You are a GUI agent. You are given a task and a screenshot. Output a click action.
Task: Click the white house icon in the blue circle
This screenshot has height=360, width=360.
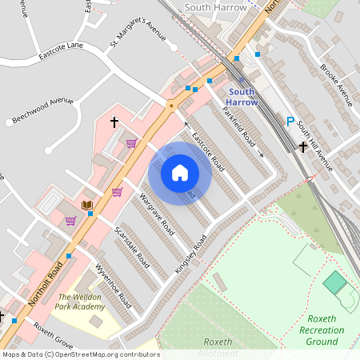(180, 173)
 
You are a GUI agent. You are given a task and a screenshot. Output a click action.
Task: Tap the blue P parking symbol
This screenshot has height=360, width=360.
(290, 122)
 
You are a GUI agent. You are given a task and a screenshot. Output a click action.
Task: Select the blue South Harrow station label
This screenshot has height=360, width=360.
(241, 97)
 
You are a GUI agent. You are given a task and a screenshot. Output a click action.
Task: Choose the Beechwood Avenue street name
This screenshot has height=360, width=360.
(44, 112)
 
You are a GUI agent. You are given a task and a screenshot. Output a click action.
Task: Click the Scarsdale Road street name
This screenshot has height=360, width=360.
(131, 246)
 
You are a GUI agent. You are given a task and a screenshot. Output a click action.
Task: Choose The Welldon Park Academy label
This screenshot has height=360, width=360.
(81, 302)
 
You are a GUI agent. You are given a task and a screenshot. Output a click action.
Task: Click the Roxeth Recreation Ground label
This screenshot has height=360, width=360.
(322, 330)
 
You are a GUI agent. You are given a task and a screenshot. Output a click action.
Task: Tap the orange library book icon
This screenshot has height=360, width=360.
(87, 206)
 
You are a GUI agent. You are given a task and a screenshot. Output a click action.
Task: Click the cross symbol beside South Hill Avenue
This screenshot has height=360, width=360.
(303, 147)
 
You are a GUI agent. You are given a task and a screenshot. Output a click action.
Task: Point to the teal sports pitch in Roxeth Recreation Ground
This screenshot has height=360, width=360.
(335, 282)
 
